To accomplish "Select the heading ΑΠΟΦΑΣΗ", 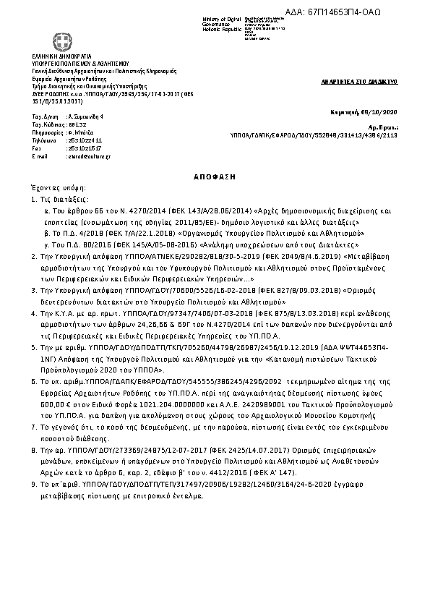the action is click(x=215, y=176).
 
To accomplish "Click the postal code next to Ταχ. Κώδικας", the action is click(x=76, y=124).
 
